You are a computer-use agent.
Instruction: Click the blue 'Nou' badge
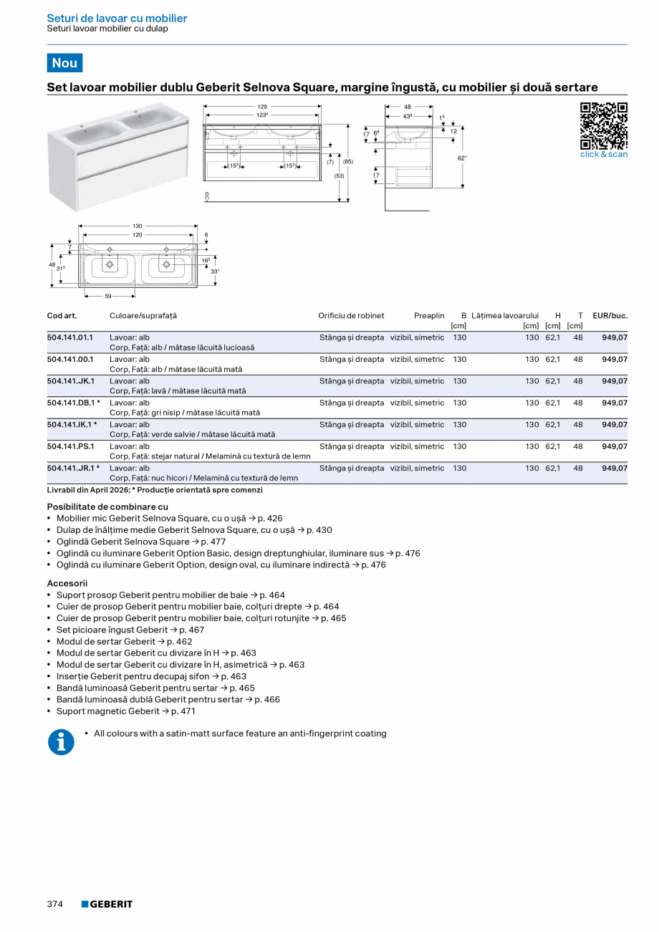(x=64, y=63)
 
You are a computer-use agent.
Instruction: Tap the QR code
(x=603, y=125)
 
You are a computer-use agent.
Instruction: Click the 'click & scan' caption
(x=603, y=154)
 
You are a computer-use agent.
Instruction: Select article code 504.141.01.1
(x=70, y=337)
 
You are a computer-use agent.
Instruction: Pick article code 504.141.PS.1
(x=70, y=446)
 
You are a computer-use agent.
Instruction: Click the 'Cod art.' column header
(x=62, y=316)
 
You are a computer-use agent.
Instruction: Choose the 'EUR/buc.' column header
(x=610, y=316)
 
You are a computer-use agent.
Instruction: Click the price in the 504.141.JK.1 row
(x=615, y=381)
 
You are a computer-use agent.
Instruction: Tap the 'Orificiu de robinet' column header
(x=351, y=316)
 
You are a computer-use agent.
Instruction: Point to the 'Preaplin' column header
(x=429, y=316)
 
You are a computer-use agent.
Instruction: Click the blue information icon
(x=61, y=742)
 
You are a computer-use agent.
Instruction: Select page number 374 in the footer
(x=55, y=904)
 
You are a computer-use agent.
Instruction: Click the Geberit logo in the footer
(x=107, y=904)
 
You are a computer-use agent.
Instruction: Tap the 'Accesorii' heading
(x=67, y=583)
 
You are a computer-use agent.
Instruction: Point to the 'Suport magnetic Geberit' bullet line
(x=125, y=711)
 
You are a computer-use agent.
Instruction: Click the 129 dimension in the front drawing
(x=262, y=107)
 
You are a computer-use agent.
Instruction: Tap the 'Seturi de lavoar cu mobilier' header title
(x=117, y=19)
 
